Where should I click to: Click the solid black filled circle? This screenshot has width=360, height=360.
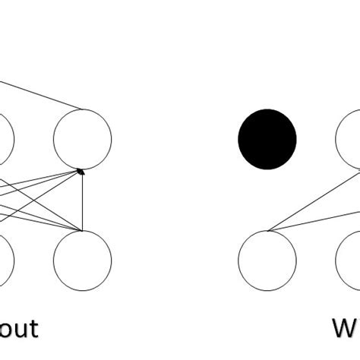point(267,139)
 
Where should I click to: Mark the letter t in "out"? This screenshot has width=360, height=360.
point(31,328)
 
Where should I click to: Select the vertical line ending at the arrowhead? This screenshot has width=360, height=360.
point(81,201)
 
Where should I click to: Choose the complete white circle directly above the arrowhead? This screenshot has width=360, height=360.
point(82,139)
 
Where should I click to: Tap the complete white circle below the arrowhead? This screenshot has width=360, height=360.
point(82,261)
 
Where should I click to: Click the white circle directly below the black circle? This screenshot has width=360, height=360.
point(267,261)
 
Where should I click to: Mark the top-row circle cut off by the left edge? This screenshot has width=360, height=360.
point(5,139)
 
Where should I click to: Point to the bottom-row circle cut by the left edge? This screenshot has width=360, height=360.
point(5,261)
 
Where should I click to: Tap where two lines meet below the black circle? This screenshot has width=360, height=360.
point(268,230)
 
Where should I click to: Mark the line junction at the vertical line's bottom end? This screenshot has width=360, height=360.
point(81,230)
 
